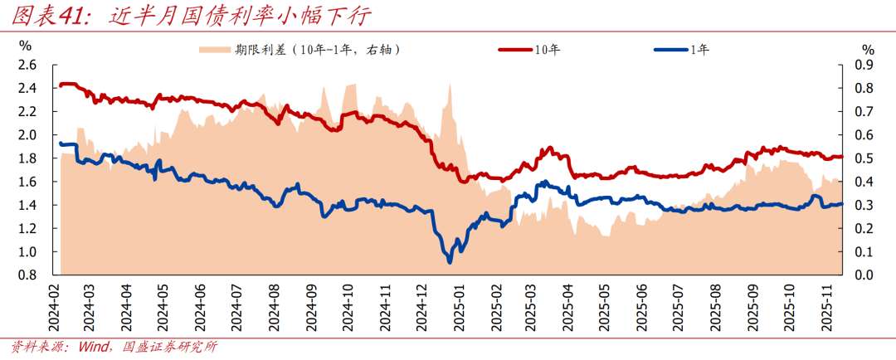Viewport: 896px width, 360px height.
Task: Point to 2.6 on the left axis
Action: (x=27, y=65)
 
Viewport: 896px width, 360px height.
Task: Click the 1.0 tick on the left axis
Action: (x=27, y=251)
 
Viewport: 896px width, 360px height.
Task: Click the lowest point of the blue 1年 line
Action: (x=450, y=262)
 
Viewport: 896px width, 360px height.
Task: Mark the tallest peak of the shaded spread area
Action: (x=449, y=84)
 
